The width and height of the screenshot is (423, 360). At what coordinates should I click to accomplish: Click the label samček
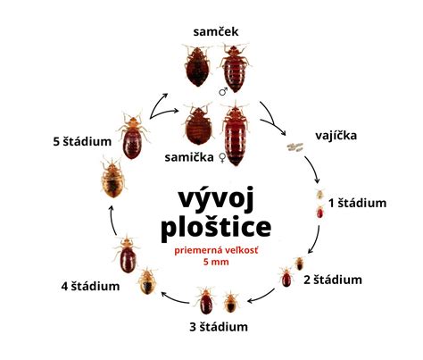coord(216,31)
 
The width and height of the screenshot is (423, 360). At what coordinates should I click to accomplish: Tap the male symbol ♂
coord(223,91)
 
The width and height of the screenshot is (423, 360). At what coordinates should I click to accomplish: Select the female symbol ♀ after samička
coord(222,157)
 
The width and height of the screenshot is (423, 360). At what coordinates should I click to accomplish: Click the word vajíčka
coord(336,136)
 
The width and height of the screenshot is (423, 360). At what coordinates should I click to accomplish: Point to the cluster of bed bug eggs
coord(294,147)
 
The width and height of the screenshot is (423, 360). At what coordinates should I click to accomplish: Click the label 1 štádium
coord(357,203)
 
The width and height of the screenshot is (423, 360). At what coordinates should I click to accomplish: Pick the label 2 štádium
coord(333,280)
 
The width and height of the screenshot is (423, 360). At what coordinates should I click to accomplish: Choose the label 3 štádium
coord(219,327)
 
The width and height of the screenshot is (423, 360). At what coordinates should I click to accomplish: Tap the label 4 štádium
coord(90,286)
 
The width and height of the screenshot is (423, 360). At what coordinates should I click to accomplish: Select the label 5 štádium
coord(82,141)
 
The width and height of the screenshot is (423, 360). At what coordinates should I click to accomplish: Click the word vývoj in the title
coord(216,199)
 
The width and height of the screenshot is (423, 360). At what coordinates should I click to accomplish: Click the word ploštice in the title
coord(216,228)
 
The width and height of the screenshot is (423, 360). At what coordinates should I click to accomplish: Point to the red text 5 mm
coord(216,262)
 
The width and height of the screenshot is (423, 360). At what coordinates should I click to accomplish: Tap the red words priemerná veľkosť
coord(216,250)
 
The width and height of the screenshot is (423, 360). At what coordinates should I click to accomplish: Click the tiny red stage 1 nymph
coord(320,212)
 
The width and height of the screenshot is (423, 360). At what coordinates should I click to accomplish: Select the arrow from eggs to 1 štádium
coord(313,168)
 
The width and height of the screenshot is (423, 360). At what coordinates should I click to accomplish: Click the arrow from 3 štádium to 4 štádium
coord(175,298)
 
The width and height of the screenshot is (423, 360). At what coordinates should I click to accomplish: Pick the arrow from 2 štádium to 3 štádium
coord(261,297)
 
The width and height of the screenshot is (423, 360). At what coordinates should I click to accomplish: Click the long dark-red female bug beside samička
coord(236,133)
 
